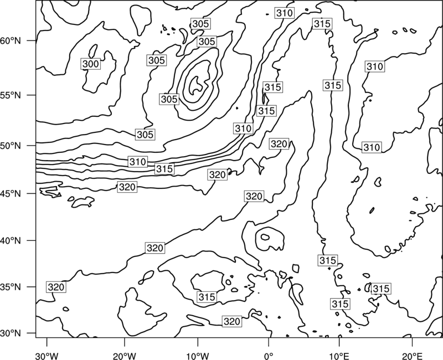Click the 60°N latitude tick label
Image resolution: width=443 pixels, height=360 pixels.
[11, 41]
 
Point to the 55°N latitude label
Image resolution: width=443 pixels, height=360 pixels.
[11, 95]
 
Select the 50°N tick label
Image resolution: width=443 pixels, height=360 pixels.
[11, 146]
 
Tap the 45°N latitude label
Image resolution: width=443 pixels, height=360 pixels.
[11, 193]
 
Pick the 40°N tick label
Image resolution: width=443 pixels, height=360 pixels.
[11, 240]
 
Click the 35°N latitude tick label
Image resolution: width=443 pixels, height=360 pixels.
[11, 287]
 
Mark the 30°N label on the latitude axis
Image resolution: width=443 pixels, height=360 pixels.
[11, 333]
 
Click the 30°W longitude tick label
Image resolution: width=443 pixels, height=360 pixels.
[47, 356]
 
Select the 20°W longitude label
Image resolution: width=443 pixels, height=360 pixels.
[124, 356]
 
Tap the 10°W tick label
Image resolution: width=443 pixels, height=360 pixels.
[198, 356]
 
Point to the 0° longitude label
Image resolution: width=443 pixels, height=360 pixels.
[269, 356]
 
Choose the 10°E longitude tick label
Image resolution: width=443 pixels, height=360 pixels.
[339, 356]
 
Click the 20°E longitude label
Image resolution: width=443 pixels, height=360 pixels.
[412, 356]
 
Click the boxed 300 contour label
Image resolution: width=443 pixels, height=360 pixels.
[91, 64]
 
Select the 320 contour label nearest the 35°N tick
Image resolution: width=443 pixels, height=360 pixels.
[56, 287]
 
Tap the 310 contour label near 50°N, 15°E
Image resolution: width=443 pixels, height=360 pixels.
[372, 147]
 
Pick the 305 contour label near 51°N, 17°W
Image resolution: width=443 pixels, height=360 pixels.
[145, 135]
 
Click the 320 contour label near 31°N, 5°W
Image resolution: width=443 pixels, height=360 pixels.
[232, 321]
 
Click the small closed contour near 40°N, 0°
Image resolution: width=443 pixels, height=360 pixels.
[265, 237]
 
